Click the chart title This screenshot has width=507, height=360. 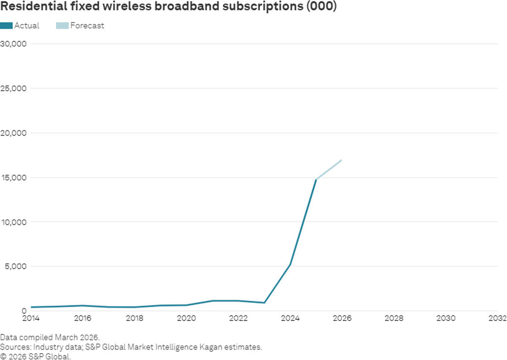click(x=169, y=7)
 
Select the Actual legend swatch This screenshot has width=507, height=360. click(x=6, y=25)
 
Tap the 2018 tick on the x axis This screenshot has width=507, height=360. click(x=135, y=318)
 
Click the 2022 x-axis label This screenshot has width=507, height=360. click(x=239, y=318)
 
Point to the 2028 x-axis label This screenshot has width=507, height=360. click(x=394, y=318)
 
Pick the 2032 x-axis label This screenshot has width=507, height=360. click(x=497, y=318)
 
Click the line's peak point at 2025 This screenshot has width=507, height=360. click(x=316, y=180)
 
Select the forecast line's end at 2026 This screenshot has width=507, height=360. click(x=341, y=160)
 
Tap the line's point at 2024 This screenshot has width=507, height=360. click(x=290, y=264)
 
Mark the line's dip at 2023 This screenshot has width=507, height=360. click(x=265, y=303)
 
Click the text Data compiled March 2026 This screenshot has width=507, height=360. click(x=49, y=337)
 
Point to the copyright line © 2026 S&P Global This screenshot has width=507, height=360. click(x=36, y=356)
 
